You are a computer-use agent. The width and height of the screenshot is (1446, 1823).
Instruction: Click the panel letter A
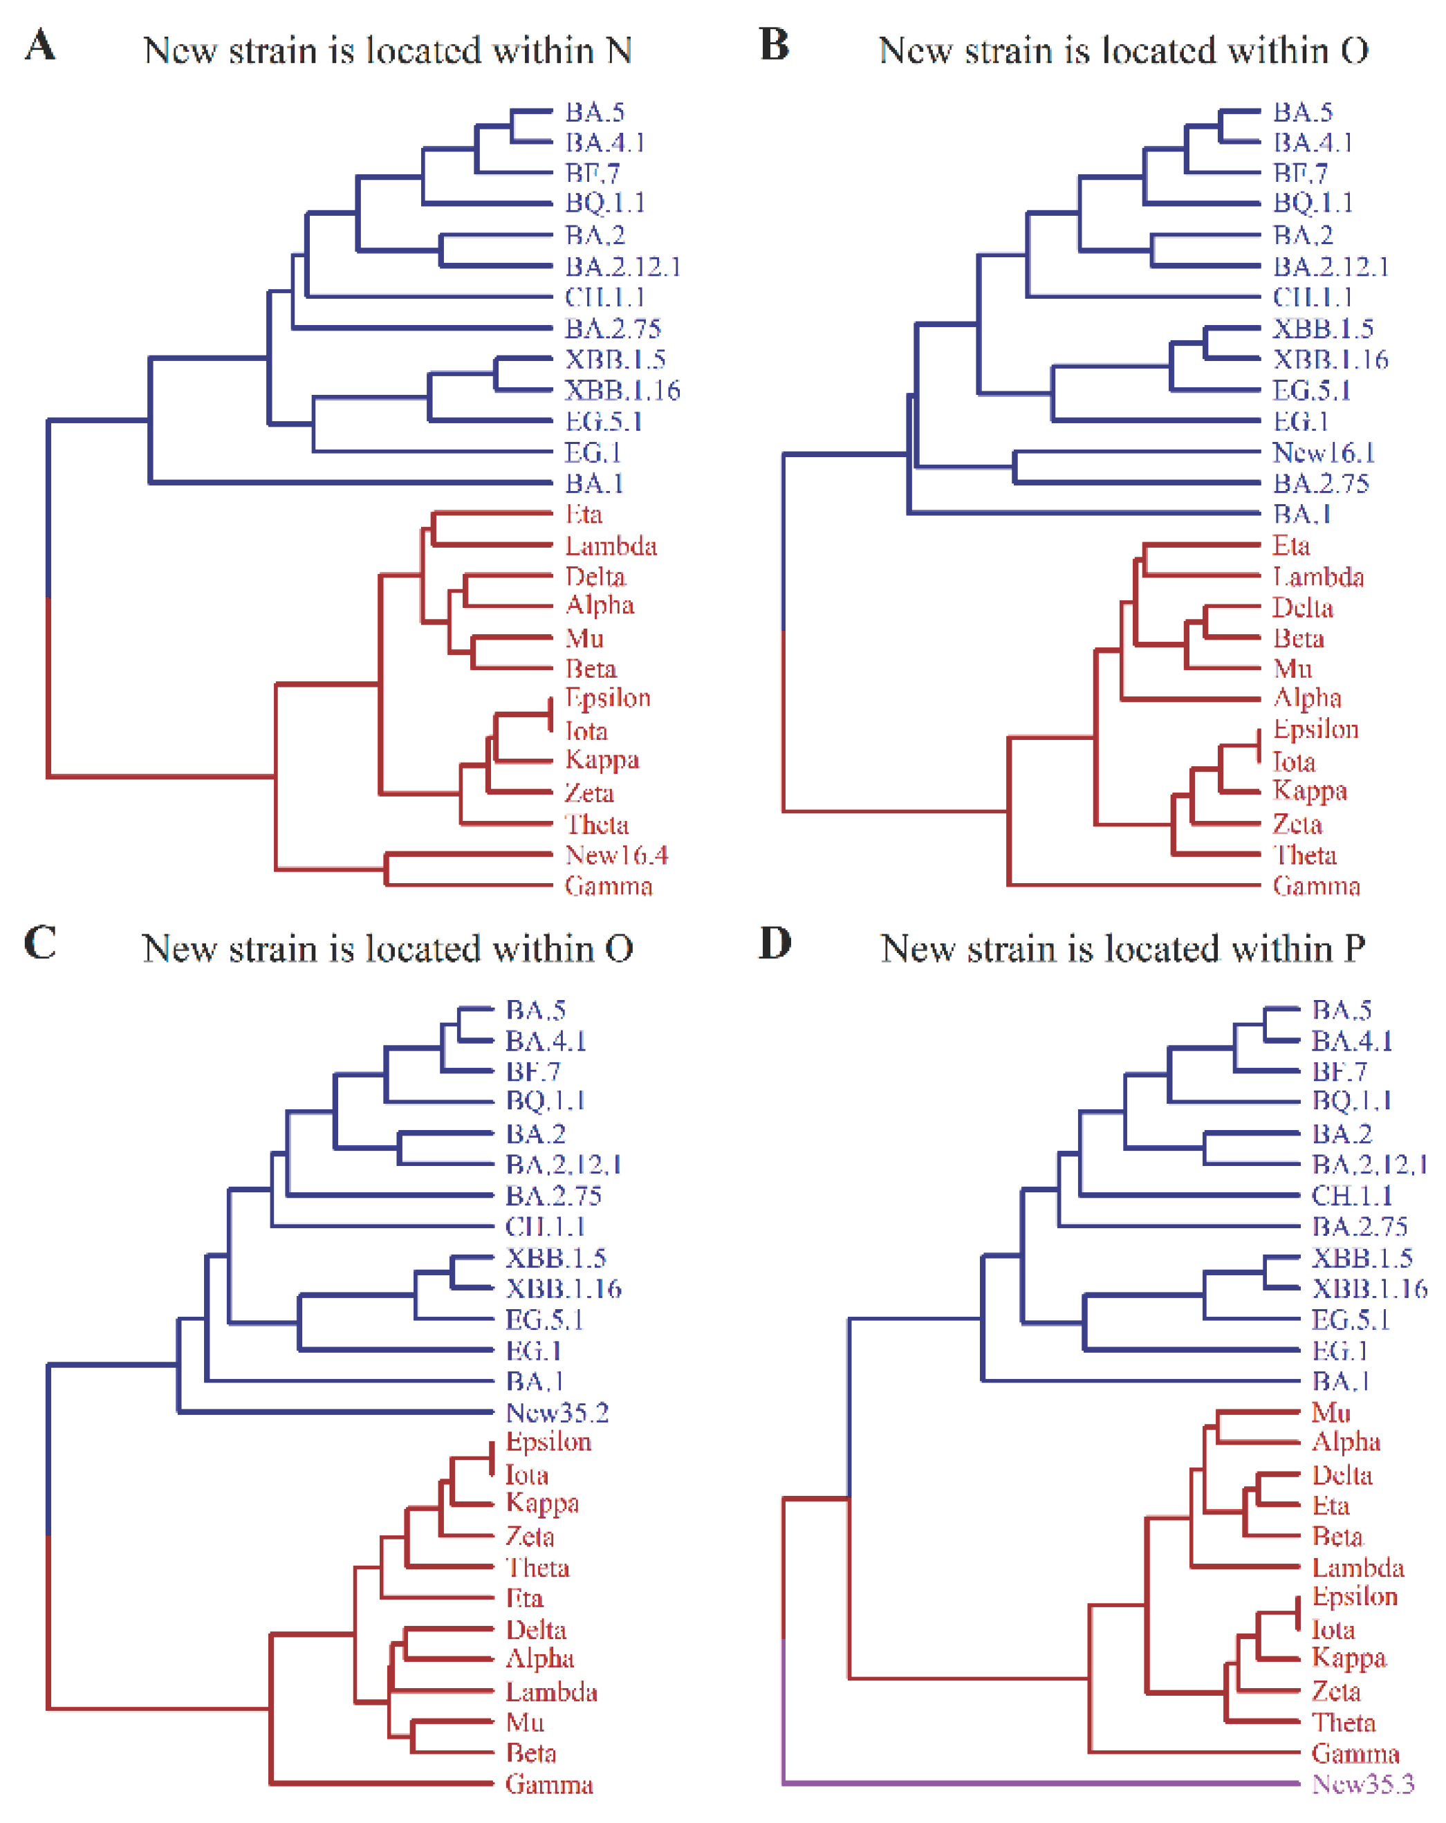tap(39, 45)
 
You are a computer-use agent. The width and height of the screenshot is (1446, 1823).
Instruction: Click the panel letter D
tap(775, 943)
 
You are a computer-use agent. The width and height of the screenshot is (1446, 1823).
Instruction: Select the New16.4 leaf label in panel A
tap(616, 855)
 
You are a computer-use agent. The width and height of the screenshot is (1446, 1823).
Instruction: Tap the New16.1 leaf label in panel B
tap(1324, 452)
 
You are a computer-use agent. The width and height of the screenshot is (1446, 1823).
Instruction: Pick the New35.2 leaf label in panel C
tap(557, 1412)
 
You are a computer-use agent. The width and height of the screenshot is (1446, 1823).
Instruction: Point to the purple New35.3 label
tap(1362, 1784)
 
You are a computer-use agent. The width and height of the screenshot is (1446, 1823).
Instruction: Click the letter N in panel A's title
tap(619, 50)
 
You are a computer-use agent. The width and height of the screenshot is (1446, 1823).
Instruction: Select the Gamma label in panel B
tap(1316, 886)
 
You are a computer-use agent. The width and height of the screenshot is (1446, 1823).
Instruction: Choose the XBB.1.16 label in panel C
tap(563, 1288)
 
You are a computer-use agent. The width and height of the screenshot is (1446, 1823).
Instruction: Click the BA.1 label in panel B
tap(1302, 514)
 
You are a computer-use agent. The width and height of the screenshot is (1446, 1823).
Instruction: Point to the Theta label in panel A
tap(597, 824)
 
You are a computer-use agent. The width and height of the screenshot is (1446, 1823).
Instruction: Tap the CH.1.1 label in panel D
tap(1351, 1196)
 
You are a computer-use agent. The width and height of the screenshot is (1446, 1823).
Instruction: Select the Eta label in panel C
tap(524, 1598)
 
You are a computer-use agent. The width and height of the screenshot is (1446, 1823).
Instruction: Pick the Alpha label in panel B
tap(1307, 698)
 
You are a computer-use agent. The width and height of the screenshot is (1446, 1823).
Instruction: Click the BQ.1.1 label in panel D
tap(1351, 1100)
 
